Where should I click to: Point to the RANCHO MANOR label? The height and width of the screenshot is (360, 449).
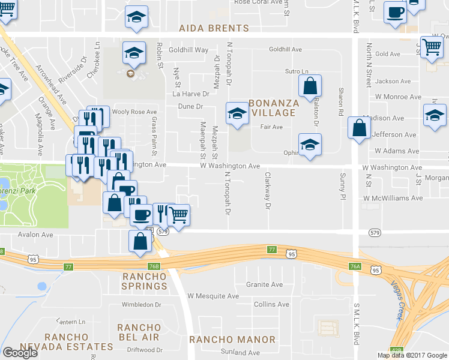pos(232,340)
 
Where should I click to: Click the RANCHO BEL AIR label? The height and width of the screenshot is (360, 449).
pos(139,332)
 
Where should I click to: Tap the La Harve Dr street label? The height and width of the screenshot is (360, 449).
pos(190,94)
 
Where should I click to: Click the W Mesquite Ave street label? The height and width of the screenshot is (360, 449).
pos(213,296)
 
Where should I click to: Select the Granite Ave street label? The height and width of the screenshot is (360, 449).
pos(264,284)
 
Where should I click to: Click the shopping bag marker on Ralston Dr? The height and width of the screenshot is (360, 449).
pos(310,86)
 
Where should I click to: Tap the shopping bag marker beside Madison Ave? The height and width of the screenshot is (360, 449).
pos(359,128)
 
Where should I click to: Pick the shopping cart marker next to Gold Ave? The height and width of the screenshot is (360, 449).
pos(432,46)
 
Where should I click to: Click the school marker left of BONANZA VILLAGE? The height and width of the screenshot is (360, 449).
pos(237,113)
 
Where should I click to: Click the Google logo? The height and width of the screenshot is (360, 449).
pos(20,353)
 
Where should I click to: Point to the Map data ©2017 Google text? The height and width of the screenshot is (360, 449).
pos(411,355)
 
